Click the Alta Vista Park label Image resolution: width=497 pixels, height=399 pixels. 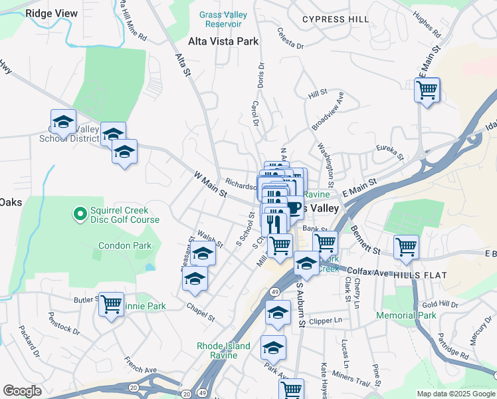point(223,41)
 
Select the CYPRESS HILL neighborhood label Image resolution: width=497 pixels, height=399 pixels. point(336,19)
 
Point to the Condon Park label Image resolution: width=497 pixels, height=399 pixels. point(125,245)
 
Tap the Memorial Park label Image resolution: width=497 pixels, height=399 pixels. point(406,315)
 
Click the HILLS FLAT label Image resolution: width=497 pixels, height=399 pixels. point(420,275)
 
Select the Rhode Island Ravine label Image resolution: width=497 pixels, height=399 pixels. point(223,350)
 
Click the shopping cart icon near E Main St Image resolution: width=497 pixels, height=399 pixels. point(427,88)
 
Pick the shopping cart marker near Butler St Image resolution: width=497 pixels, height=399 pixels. point(111,304)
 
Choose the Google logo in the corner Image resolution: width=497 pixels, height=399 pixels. point(22,391)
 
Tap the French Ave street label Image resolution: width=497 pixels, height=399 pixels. point(141,364)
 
